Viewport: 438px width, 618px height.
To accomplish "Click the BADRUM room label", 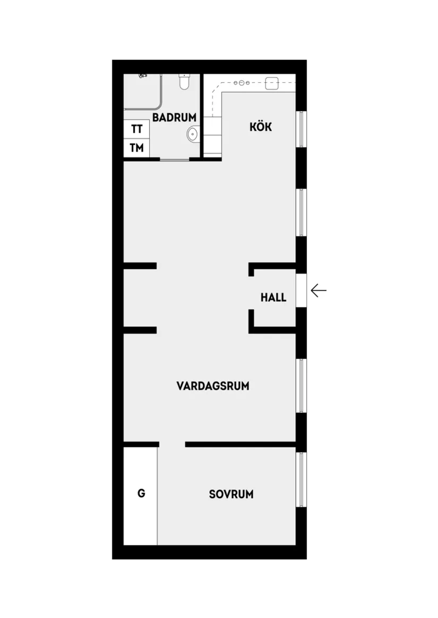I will (x=174, y=118).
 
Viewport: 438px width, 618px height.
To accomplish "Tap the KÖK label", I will (x=261, y=127).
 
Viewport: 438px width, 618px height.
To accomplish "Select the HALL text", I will (x=273, y=297).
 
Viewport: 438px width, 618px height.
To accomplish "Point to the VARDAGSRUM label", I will (x=213, y=386).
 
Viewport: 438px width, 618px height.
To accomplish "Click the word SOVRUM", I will (x=231, y=495).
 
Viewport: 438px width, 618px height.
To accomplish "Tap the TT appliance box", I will (x=137, y=129).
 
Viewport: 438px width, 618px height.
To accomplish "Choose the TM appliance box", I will (x=137, y=148).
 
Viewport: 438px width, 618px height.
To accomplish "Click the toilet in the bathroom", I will (x=184, y=82).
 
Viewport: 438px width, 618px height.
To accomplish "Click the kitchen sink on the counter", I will (x=272, y=82).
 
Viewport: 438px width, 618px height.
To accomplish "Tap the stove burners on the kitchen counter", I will (x=242, y=83).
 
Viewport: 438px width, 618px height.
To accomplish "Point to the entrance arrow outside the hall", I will (x=318, y=290).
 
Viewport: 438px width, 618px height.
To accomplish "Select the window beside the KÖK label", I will (x=301, y=129).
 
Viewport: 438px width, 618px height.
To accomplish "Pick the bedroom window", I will (x=301, y=480).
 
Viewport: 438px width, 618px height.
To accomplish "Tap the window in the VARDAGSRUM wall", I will (x=301, y=386).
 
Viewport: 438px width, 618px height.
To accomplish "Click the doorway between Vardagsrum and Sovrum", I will (x=172, y=444).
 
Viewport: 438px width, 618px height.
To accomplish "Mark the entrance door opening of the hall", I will (x=301, y=290).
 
